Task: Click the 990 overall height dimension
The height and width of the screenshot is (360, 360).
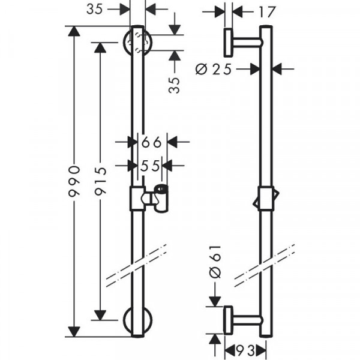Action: (74, 181)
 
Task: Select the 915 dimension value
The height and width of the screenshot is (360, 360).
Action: (100, 181)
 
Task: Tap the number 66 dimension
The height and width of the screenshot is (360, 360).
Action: (151, 142)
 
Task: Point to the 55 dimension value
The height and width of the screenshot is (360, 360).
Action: (149, 166)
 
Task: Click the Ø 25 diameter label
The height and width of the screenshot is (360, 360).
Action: (214, 69)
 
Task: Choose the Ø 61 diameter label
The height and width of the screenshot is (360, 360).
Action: (215, 262)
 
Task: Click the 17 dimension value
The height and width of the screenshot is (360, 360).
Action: (267, 12)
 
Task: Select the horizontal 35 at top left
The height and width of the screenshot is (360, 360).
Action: (94, 10)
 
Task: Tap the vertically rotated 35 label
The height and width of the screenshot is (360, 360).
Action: (174, 85)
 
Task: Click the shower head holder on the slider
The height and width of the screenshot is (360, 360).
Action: (161, 199)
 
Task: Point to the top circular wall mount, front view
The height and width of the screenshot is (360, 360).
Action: (137, 42)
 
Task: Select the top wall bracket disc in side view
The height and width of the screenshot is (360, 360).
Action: (228, 43)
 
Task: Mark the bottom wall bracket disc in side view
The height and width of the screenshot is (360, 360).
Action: (228, 320)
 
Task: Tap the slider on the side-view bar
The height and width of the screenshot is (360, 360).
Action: (266, 199)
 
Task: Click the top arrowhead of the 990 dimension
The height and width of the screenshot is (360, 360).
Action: (74, 31)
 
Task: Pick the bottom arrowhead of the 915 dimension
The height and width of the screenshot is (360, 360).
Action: (100, 315)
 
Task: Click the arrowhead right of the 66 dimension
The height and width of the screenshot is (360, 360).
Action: (173, 142)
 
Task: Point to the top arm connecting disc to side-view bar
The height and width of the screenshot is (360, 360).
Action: (247, 43)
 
